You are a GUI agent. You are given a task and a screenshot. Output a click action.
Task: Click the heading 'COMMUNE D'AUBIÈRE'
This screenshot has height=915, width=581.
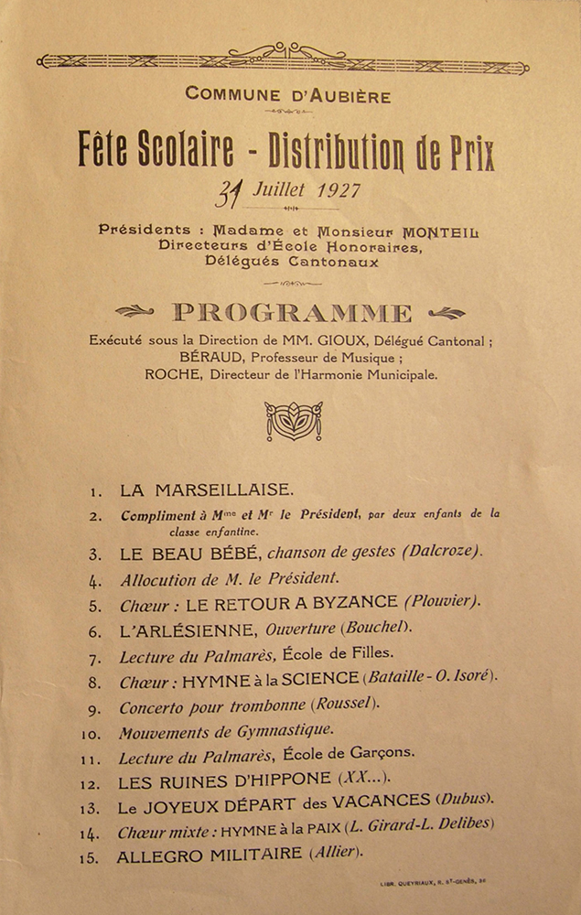pyautogui.click(x=287, y=94)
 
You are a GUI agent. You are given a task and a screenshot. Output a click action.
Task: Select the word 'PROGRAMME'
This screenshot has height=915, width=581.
pyautogui.click(x=293, y=314)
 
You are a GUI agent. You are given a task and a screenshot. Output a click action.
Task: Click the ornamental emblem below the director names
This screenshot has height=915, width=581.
pyautogui.click(x=293, y=420)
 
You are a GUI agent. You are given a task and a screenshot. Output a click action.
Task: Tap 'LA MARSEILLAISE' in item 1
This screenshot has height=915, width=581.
pyautogui.click(x=207, y=490)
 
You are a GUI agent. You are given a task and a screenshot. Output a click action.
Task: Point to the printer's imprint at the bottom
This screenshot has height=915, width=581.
pyautogui.click(x=432, y=885)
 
